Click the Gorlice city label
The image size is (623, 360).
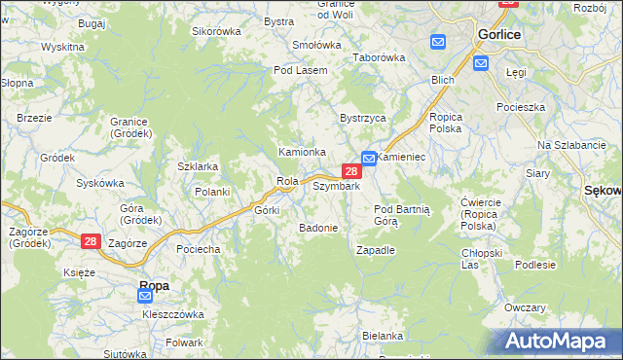[499, 33]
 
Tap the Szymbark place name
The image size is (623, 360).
[337, 186]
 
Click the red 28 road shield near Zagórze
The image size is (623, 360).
[91, 240]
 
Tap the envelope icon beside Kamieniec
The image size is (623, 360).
[370, 158]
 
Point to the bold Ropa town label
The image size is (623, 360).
[154, 285]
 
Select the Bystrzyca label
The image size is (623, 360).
[363, 118]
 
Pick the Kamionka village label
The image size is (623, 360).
[302, 152]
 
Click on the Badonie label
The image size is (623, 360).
[318, 228]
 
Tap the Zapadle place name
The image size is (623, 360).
[376, 249]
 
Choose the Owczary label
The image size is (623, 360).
[525, 307]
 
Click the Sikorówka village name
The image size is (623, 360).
[216, 31]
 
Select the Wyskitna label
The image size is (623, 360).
[62, 47]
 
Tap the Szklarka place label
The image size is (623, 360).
[198, 166]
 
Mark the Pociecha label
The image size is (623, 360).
[198, 249]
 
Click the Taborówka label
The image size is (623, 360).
[379, 57]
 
